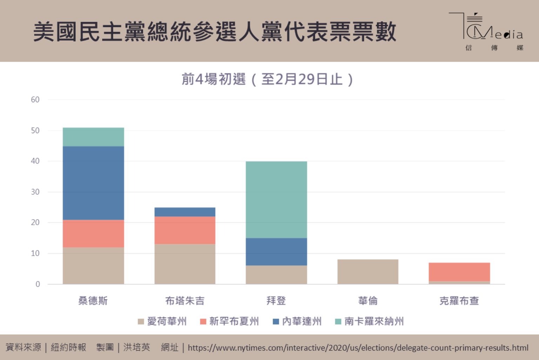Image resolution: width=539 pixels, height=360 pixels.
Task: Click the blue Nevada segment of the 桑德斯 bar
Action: tap(93, 183)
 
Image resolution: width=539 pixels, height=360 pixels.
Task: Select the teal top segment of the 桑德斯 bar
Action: tap(93, 137)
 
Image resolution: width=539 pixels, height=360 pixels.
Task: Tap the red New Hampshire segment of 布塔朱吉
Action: tap(185, 230)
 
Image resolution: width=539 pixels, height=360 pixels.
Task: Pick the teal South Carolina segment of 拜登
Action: tap(277, 199)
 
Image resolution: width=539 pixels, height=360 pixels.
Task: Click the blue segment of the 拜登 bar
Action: tap(277, 252)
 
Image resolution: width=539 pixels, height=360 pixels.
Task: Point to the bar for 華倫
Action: tap(368, 271)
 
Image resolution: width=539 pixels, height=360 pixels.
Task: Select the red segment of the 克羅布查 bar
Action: tap(459, 272)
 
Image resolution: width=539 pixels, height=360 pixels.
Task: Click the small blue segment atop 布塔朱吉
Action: tap(185, 212)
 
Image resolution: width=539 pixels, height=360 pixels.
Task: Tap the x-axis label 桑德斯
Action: tap(93, 301)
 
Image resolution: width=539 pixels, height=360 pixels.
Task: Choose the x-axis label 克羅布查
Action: tap(459, 301)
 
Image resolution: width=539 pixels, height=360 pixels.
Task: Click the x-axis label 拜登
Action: tap(276, 301)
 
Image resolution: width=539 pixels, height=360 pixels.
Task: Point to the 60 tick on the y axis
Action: tap(35, 100)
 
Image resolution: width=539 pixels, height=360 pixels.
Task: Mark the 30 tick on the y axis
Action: tap(35, 192)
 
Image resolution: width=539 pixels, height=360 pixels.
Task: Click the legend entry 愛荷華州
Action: tap(162, 321)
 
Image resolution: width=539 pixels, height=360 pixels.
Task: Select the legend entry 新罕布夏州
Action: tap(229, 321)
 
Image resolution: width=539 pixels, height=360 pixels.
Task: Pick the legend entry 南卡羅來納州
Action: tap(370, 321)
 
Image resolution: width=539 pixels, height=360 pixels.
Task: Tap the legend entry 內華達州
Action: tap(297, 321)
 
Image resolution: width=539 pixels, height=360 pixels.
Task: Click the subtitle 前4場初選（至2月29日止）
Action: tap(267, 79)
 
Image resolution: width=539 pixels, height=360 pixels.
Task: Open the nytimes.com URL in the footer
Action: tap(358, 348)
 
